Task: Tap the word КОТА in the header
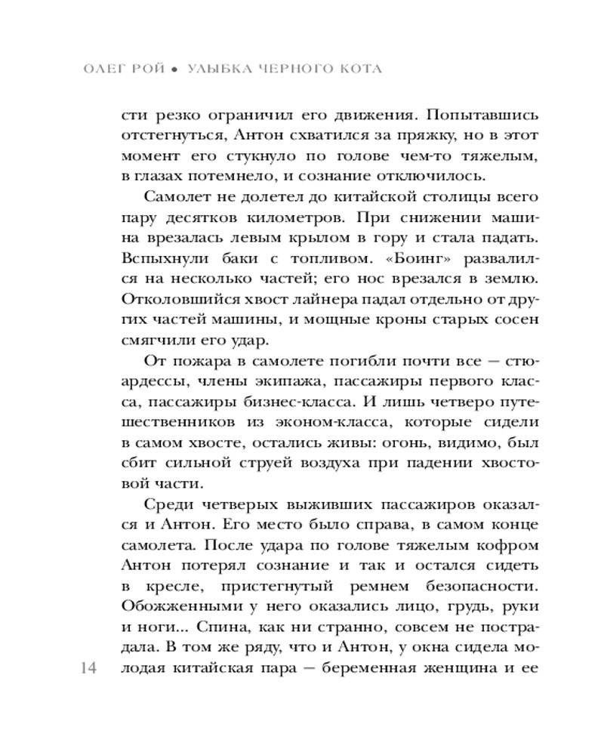356,69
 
